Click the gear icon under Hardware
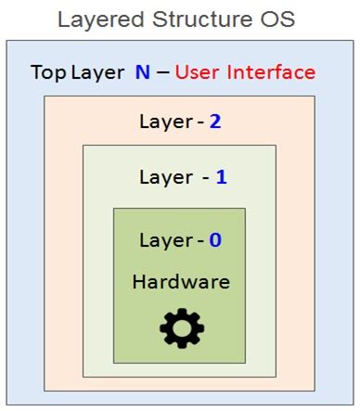point(179,325)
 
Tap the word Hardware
point(181,281)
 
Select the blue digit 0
point(215,240)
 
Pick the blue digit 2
point(215,122)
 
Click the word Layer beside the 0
point(166,240)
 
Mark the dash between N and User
point(163,72)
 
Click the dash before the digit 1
point(206,176)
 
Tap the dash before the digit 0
point(200,241)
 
